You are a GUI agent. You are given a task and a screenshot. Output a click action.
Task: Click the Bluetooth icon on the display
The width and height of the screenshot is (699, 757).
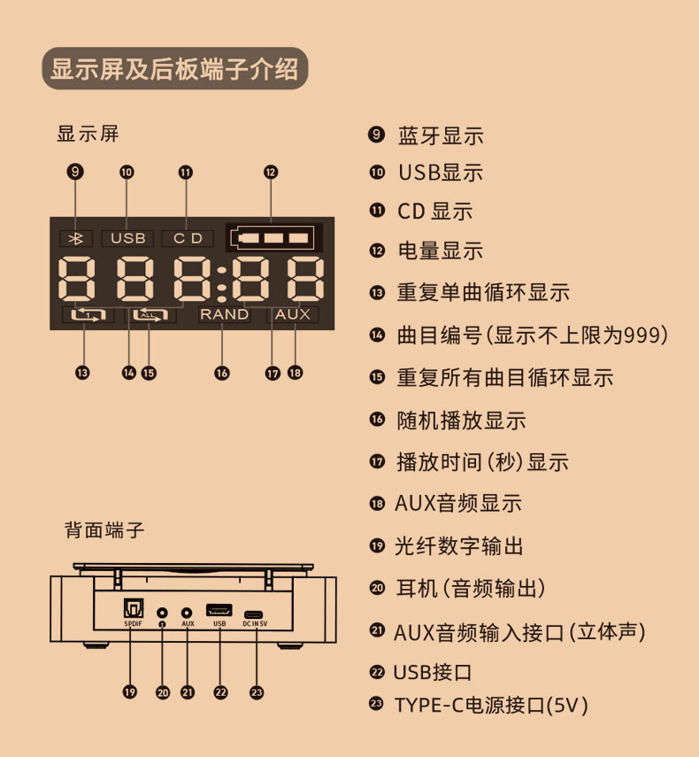coord(75,238)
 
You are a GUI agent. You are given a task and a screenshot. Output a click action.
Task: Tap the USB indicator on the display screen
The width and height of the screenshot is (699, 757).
coord(127,238)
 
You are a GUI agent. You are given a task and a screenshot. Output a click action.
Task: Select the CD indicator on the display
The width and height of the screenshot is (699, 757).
coord(188,238)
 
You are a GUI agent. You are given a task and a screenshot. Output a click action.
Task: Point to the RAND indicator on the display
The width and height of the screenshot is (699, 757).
coord(224,314)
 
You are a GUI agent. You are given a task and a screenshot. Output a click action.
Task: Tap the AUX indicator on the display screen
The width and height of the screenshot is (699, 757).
coord(293,314)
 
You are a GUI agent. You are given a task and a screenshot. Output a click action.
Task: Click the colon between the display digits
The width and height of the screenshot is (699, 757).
coord(222,280)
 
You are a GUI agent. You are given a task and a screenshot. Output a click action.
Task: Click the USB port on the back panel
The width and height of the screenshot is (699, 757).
coord(219,611)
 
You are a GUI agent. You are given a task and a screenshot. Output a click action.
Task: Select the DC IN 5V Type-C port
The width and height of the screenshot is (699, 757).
coord(255,613)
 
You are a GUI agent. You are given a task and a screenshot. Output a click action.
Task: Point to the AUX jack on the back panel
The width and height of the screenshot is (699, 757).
coord(188,612)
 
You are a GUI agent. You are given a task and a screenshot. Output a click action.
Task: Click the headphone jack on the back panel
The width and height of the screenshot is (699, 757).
coord(162,612)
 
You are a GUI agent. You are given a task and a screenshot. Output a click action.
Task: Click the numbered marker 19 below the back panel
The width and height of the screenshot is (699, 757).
coord(130,692)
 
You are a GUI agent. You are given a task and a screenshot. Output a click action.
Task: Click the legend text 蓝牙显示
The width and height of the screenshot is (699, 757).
coord(441,136)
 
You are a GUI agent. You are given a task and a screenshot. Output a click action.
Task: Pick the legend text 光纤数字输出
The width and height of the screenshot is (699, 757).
coord(459,546)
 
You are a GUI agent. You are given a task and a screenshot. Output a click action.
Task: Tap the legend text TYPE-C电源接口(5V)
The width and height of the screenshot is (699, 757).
coord(491,706)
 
